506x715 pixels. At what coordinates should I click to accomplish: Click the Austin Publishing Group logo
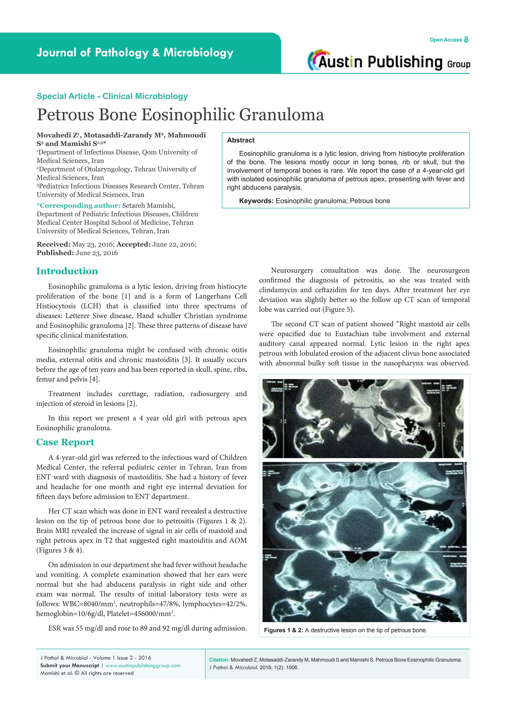click(x=389, y=61)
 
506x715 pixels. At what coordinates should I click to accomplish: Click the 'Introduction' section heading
click(x=67, y=271)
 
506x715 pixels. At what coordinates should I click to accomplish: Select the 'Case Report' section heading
click(x=65, y=442)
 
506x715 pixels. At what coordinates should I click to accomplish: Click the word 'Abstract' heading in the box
click(x=241, y=140)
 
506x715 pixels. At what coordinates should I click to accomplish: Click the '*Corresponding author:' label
click(x=79, y=205)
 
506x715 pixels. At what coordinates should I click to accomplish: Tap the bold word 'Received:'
click(x=53, y=244)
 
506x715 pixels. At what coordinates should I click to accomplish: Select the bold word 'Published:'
click(x=55, y=253)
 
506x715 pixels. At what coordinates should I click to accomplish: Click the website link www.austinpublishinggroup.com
click(x=143, y=665)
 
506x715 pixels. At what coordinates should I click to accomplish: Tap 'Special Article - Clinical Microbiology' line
click(x=112, y=96)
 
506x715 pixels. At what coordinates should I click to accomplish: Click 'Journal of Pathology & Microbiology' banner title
click(x=135, y=53)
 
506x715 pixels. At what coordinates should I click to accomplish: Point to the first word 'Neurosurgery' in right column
click(x=292, y=270)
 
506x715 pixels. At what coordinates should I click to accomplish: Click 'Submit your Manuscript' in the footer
click(x=69, y=665)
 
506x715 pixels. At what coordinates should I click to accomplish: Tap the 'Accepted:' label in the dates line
click(x=133, y=244)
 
